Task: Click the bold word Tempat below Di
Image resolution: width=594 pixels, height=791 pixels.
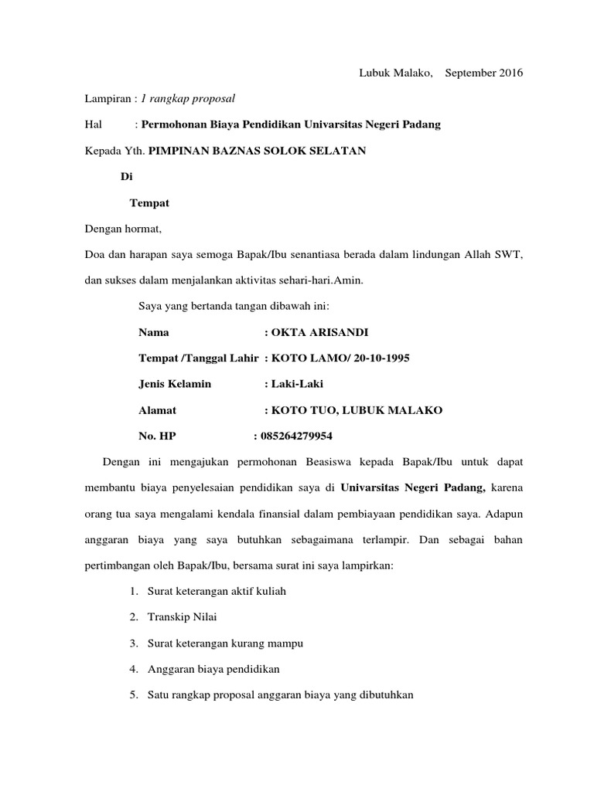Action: click(149, 204)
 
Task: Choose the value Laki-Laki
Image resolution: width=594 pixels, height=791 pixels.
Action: click(297, 384)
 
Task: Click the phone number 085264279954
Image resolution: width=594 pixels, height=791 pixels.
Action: click(297, 436)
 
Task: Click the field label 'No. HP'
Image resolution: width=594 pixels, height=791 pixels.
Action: click(157, 436)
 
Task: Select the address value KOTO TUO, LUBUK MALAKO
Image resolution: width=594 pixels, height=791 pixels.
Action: click(357, 410)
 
